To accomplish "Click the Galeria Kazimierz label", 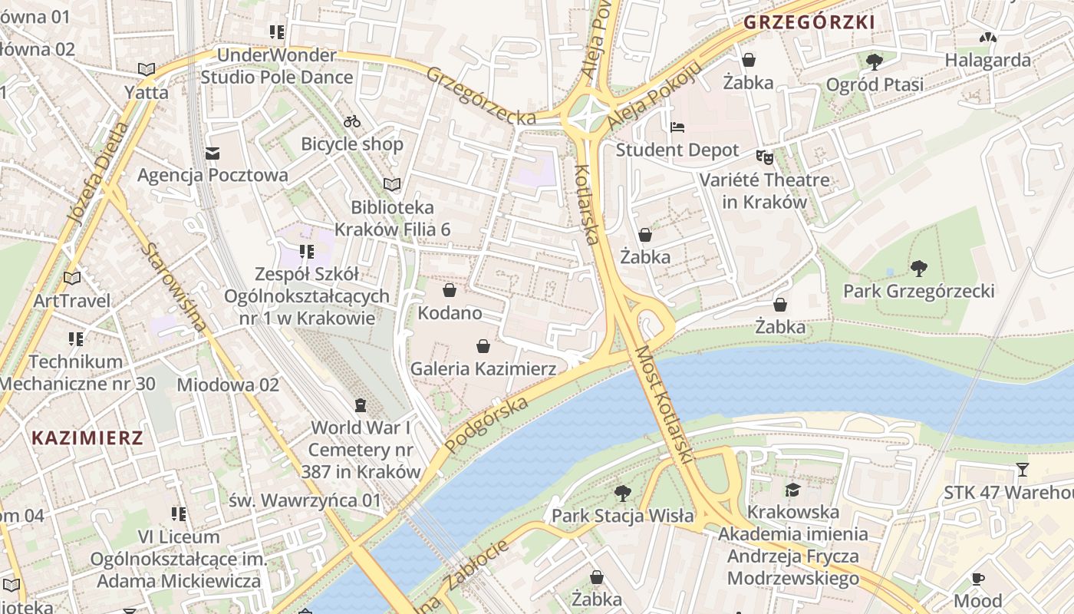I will click(483, 369).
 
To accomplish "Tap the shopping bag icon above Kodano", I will click(450, 291).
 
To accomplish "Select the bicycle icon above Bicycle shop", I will click(352, 121).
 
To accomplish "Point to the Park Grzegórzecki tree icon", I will click(918, 269).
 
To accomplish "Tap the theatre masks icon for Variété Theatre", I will click(764, 157).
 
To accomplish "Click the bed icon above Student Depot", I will click(677, 127).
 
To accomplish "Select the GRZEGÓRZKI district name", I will click(809, 22).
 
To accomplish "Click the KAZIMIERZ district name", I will click(87, 438).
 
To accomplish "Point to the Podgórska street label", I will click(486, 425).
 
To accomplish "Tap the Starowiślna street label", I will click(174, 287).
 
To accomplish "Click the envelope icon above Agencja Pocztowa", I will click(212, 153).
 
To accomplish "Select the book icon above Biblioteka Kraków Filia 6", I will click(392, 184).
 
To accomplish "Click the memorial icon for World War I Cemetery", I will click(361, 404).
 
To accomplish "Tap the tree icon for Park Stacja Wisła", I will click(622, 493).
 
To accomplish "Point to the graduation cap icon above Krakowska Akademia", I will click(792, 490).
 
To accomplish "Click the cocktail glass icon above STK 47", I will click(1022, 469).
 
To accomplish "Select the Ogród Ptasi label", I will click(875, 84).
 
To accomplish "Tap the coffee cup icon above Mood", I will click(977, 579).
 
